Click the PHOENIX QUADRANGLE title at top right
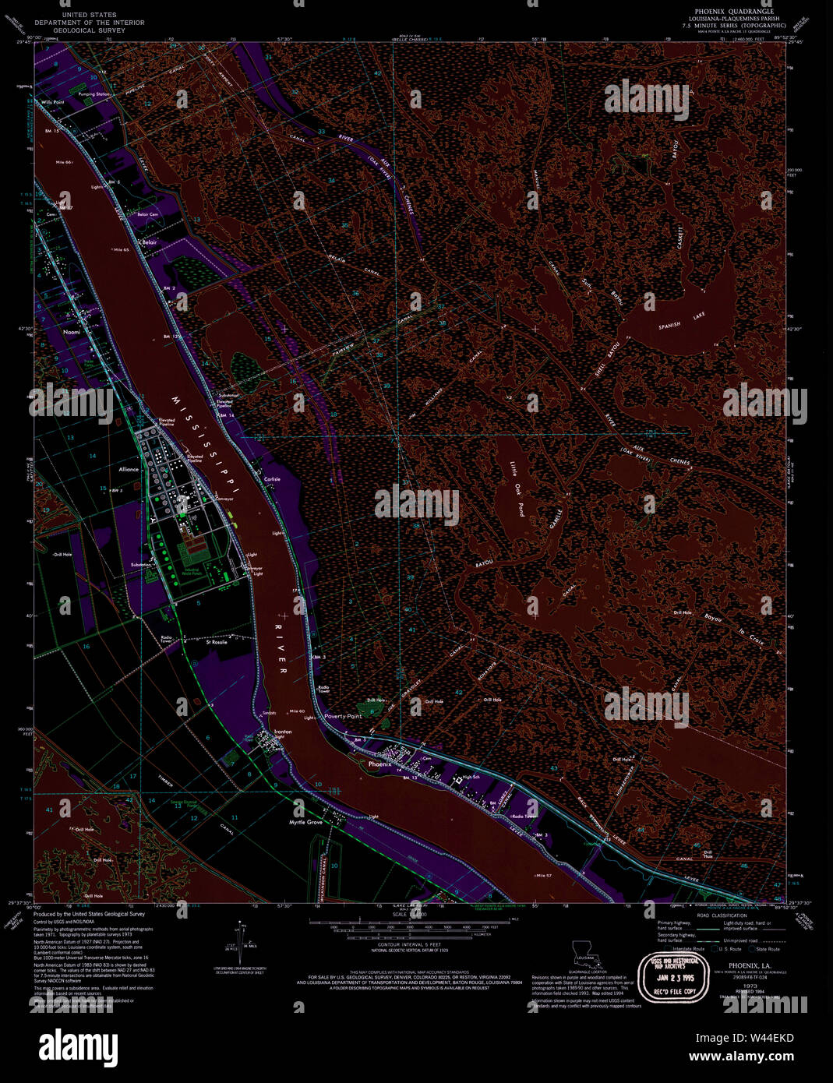(x=729, y=12)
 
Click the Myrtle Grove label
(x=305, y=823)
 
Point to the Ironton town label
(x=283, y=732)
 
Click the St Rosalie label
(x=217, y=643)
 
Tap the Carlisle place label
(x=272, y=479)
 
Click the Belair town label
(x=148, y=242)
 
